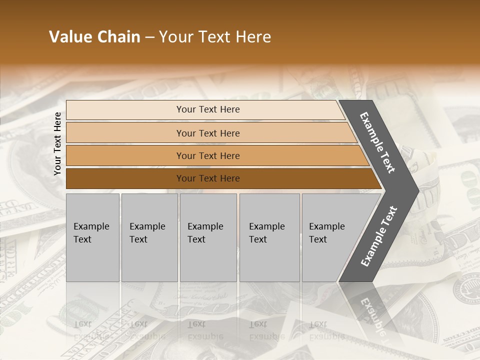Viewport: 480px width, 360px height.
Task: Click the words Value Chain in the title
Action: coord(94,37)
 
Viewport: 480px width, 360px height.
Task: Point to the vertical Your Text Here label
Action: coord(57,144)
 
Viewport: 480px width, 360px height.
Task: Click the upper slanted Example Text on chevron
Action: coord(377,142)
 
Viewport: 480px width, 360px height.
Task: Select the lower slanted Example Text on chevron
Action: coord(378,236)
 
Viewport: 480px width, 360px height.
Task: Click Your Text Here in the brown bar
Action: coord(208,178)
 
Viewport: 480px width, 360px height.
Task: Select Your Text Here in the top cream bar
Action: coord(208,109)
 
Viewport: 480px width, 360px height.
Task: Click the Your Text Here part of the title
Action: coord(215,37)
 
